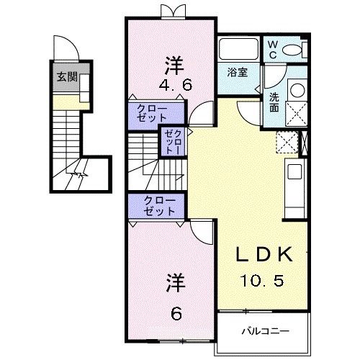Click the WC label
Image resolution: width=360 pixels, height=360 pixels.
tap(272, 48)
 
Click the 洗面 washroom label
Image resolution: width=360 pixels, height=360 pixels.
tap(274, 102)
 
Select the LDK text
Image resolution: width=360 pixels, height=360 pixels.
tap(265, 256)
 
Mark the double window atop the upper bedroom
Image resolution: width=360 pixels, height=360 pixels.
tap(171, 12)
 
